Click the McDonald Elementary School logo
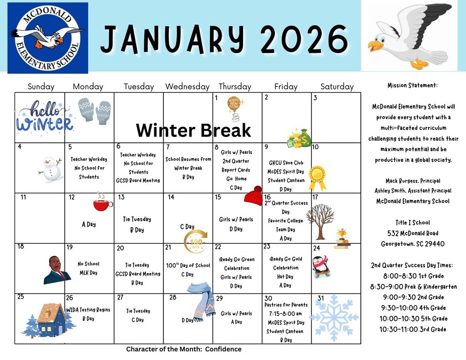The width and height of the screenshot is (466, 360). click(x=47, y=38)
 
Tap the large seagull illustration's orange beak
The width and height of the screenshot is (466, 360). click(x=375, y=46)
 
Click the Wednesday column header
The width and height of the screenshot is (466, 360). click(x=187, y=86)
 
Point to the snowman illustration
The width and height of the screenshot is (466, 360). click(x=51, y=170)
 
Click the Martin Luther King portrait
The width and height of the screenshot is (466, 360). click(x=57, y=270)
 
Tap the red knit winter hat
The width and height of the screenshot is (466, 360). click(x=253, y=196)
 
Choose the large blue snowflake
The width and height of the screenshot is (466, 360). click(x=334, y=318)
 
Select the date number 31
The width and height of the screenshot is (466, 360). click(x=321, y=298)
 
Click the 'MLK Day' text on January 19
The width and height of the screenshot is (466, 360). click(x=88, y=273)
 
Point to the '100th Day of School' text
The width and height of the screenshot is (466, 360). click(x=188, y=265)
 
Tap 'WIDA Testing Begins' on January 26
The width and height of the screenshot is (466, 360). click(x=88, y=310)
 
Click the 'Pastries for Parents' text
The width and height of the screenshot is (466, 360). click(x=286, y=305)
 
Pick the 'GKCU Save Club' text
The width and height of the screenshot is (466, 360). click(x=286, y=162)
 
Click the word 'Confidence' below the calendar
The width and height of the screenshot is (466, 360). click(x=223, y=349)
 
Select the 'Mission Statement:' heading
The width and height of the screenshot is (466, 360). click(x=412, y=85)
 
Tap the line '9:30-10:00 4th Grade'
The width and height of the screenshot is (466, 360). click(x=413, y=308)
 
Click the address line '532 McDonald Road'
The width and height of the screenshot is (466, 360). click(x=413, y=233)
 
